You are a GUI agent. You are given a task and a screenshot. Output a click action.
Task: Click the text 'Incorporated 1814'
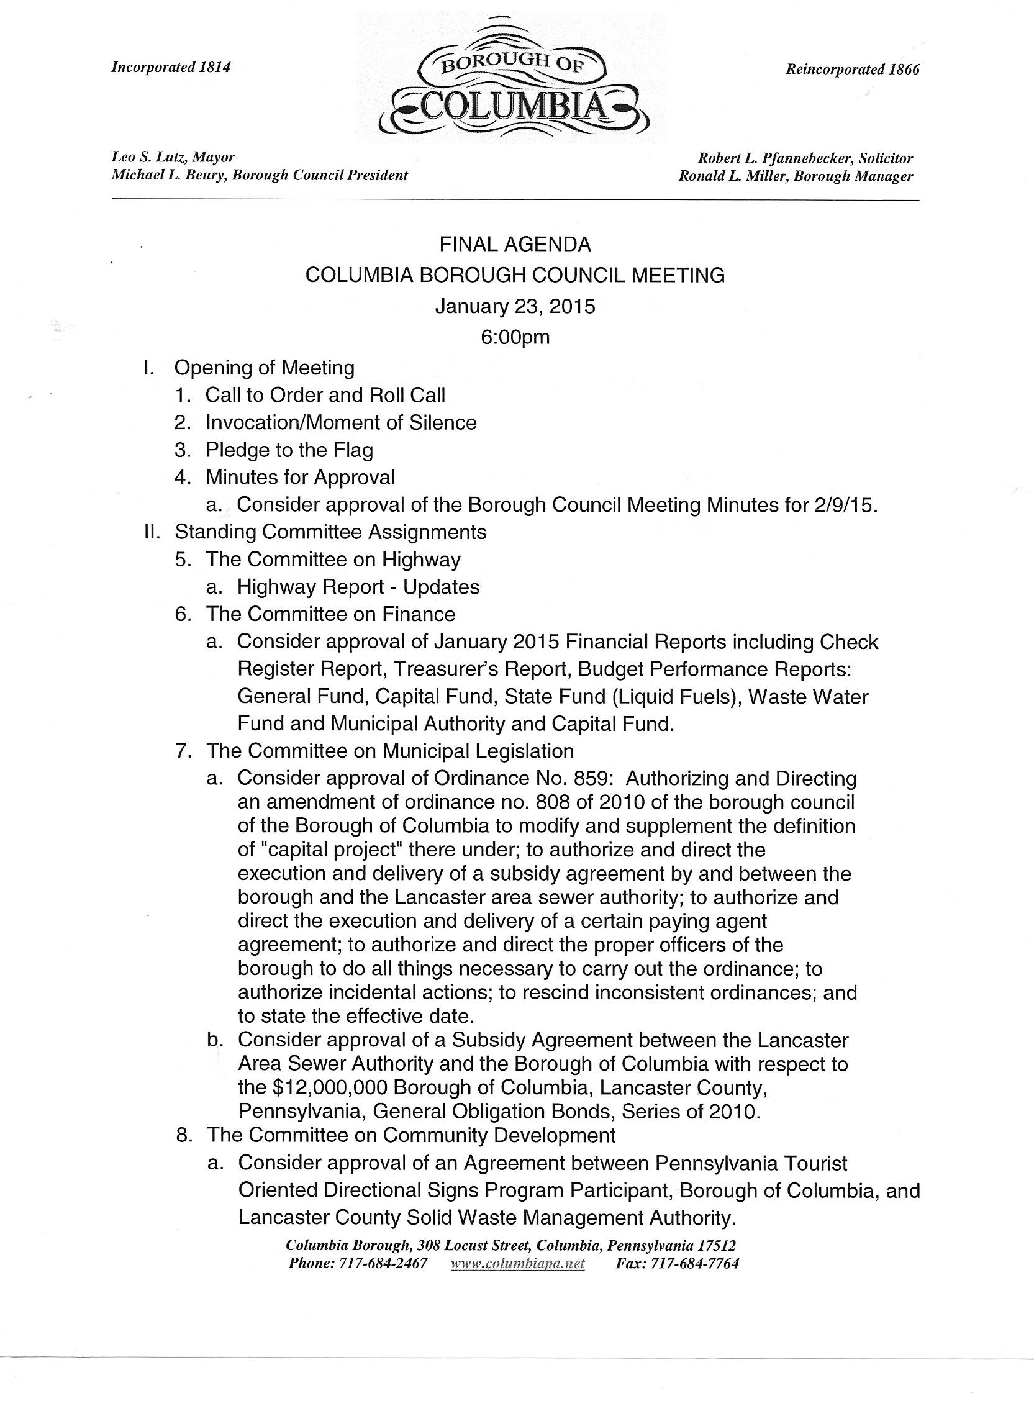click(171, 67)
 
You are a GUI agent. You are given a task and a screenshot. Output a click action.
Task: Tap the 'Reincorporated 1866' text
click(852, 70)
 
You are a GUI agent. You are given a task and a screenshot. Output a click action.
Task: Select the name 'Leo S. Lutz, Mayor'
click(173, 157)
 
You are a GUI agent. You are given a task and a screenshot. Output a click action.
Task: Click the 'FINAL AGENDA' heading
click(515, 243)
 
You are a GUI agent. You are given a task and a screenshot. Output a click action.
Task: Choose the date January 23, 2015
click(515, 306)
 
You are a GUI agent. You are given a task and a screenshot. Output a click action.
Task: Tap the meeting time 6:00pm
click(515, 337)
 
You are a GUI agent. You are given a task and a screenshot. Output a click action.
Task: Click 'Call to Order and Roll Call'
click(325, 395)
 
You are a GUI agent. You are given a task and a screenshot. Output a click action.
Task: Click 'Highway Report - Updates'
click(358, 587)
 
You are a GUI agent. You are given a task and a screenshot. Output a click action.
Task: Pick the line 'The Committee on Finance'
click(330, 614)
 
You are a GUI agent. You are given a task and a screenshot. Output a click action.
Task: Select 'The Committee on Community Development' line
click(410, 1135)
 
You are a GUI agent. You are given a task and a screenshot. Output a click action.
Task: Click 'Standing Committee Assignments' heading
click(330, 532)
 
